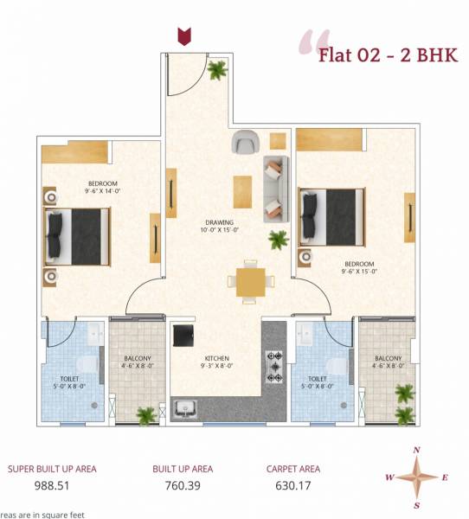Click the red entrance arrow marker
(x=183, y=35)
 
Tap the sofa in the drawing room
(x=275, y=187)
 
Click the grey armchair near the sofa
(x=244, y=141)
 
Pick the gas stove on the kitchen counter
(x=275, y=367)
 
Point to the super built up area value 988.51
(x=52, y=486)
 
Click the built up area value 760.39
(x=183, y=486)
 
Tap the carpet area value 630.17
(x=292, y=486)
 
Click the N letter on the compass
(x=417, y=451)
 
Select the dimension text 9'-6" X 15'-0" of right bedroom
(x=359, y=272)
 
